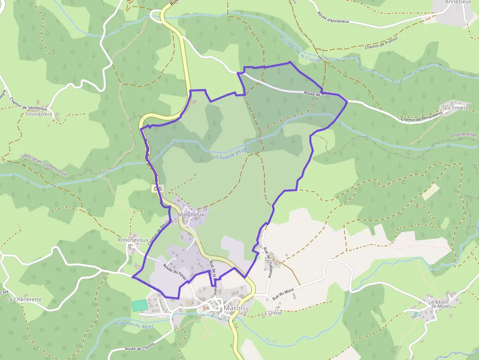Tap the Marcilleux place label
(192, 214)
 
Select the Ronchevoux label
(132, 240)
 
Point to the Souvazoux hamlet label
(38, 114)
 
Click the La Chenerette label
(24, 299)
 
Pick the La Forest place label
(456, 107)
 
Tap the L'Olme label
(273, 313)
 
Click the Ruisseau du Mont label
(134, 325)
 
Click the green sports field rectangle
(139, 304)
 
